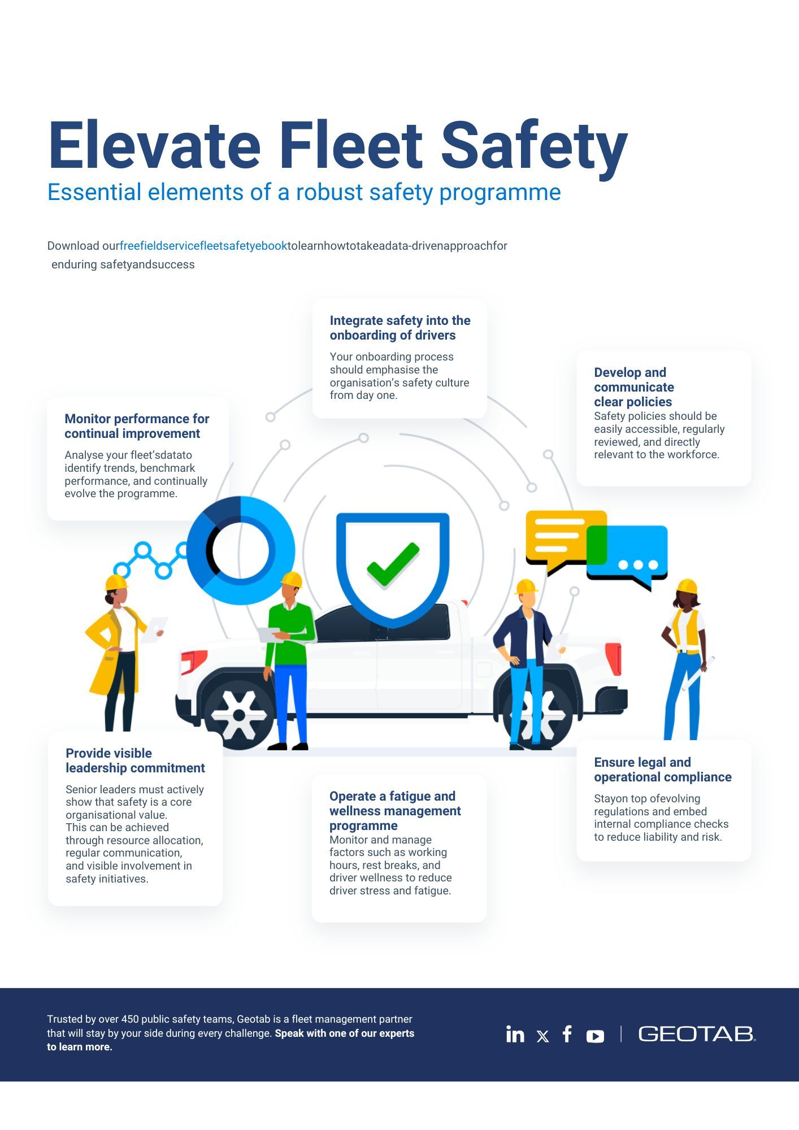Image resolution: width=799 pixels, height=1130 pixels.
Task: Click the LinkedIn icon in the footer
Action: [x=515, y=1034]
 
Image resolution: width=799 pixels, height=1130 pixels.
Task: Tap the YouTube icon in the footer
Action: [x=595, y=1036]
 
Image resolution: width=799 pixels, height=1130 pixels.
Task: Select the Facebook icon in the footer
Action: [x=567, y=1034]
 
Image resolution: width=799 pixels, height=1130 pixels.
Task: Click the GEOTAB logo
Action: [x=696, y=1034]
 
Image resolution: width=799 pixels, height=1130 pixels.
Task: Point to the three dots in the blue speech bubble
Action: [x=638, y=564]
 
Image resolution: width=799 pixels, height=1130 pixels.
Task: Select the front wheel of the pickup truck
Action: [x=239, y=715]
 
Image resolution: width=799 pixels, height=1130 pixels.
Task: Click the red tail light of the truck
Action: [x=614, y=659]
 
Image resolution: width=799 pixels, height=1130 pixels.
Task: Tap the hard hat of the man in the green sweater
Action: [x=292, y=579]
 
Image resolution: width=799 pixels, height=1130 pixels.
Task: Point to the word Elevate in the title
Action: [x=154, y=146]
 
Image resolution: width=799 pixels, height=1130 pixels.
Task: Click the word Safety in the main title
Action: [x=534, y=146]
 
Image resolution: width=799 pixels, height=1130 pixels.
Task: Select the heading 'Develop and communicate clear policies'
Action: [x=633, y=387]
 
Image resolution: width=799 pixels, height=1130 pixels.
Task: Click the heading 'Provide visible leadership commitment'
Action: [x=135, y=760]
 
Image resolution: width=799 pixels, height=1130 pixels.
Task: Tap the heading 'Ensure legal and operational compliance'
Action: [x=662, y=770]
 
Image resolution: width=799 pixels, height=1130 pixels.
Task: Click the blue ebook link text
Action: [x=203, y=246]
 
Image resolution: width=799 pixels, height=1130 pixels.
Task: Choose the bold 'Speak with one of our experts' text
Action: [x=344, y=1033]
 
